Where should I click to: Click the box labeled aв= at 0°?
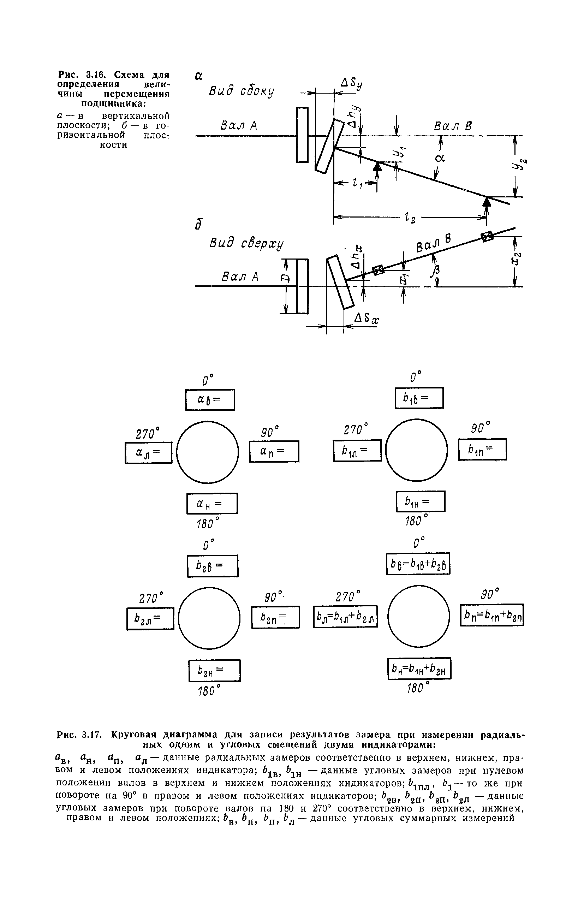click(x=210, y=399)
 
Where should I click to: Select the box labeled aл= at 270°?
click(x=148, y=452)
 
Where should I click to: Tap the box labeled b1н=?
click(x=421, y=501)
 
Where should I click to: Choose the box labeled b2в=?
click(x=213, y=566)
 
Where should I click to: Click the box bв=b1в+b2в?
click(x=418, y=564)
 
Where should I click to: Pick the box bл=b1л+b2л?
click(x=345, y=616)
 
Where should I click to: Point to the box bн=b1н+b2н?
click(x=419, y=668)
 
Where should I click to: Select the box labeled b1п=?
click(x=482, y=449)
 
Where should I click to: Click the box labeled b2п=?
click(x=275, y=617)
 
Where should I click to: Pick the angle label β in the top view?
click(x=437, y=270)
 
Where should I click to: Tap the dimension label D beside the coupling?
click(x=286, y=278)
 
